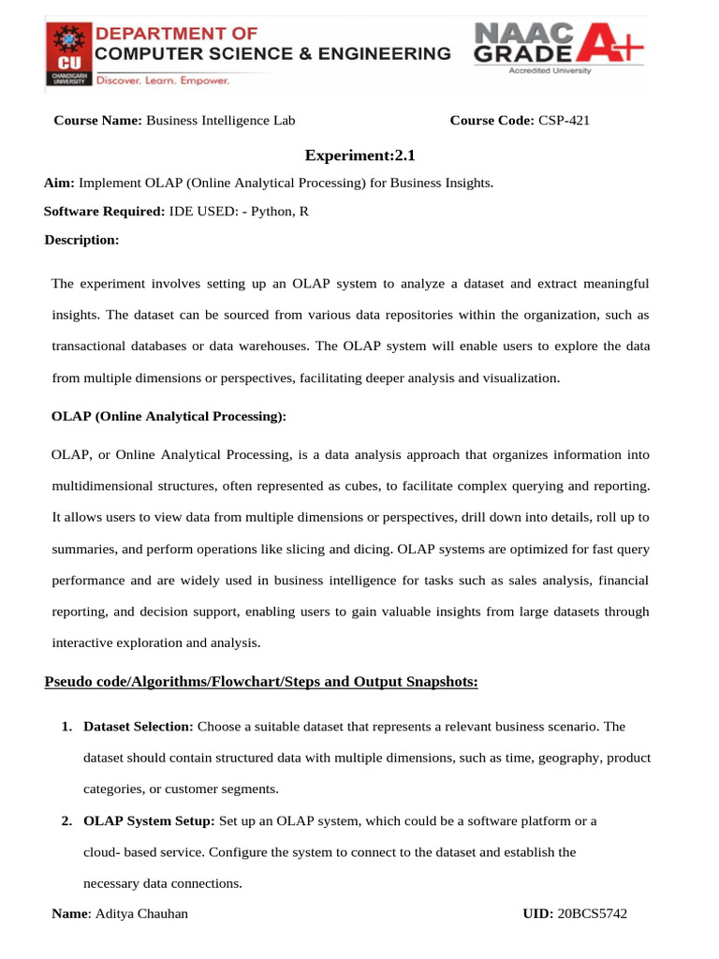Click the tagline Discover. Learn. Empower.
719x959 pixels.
(164, 81)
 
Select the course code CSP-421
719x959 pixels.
(564, 120)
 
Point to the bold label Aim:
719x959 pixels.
(59, 183)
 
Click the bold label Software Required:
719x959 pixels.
(104, 212)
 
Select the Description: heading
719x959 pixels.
(81, 241)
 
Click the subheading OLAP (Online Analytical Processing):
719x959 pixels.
(169, 415)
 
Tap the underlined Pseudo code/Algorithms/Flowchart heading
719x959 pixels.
(261, 682)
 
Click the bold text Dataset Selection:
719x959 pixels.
(139, 726)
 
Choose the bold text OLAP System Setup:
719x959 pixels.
(149, 821)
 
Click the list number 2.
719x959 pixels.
(66, 821)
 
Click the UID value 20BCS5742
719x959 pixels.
(592, 914)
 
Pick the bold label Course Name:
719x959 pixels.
(97, 120)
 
